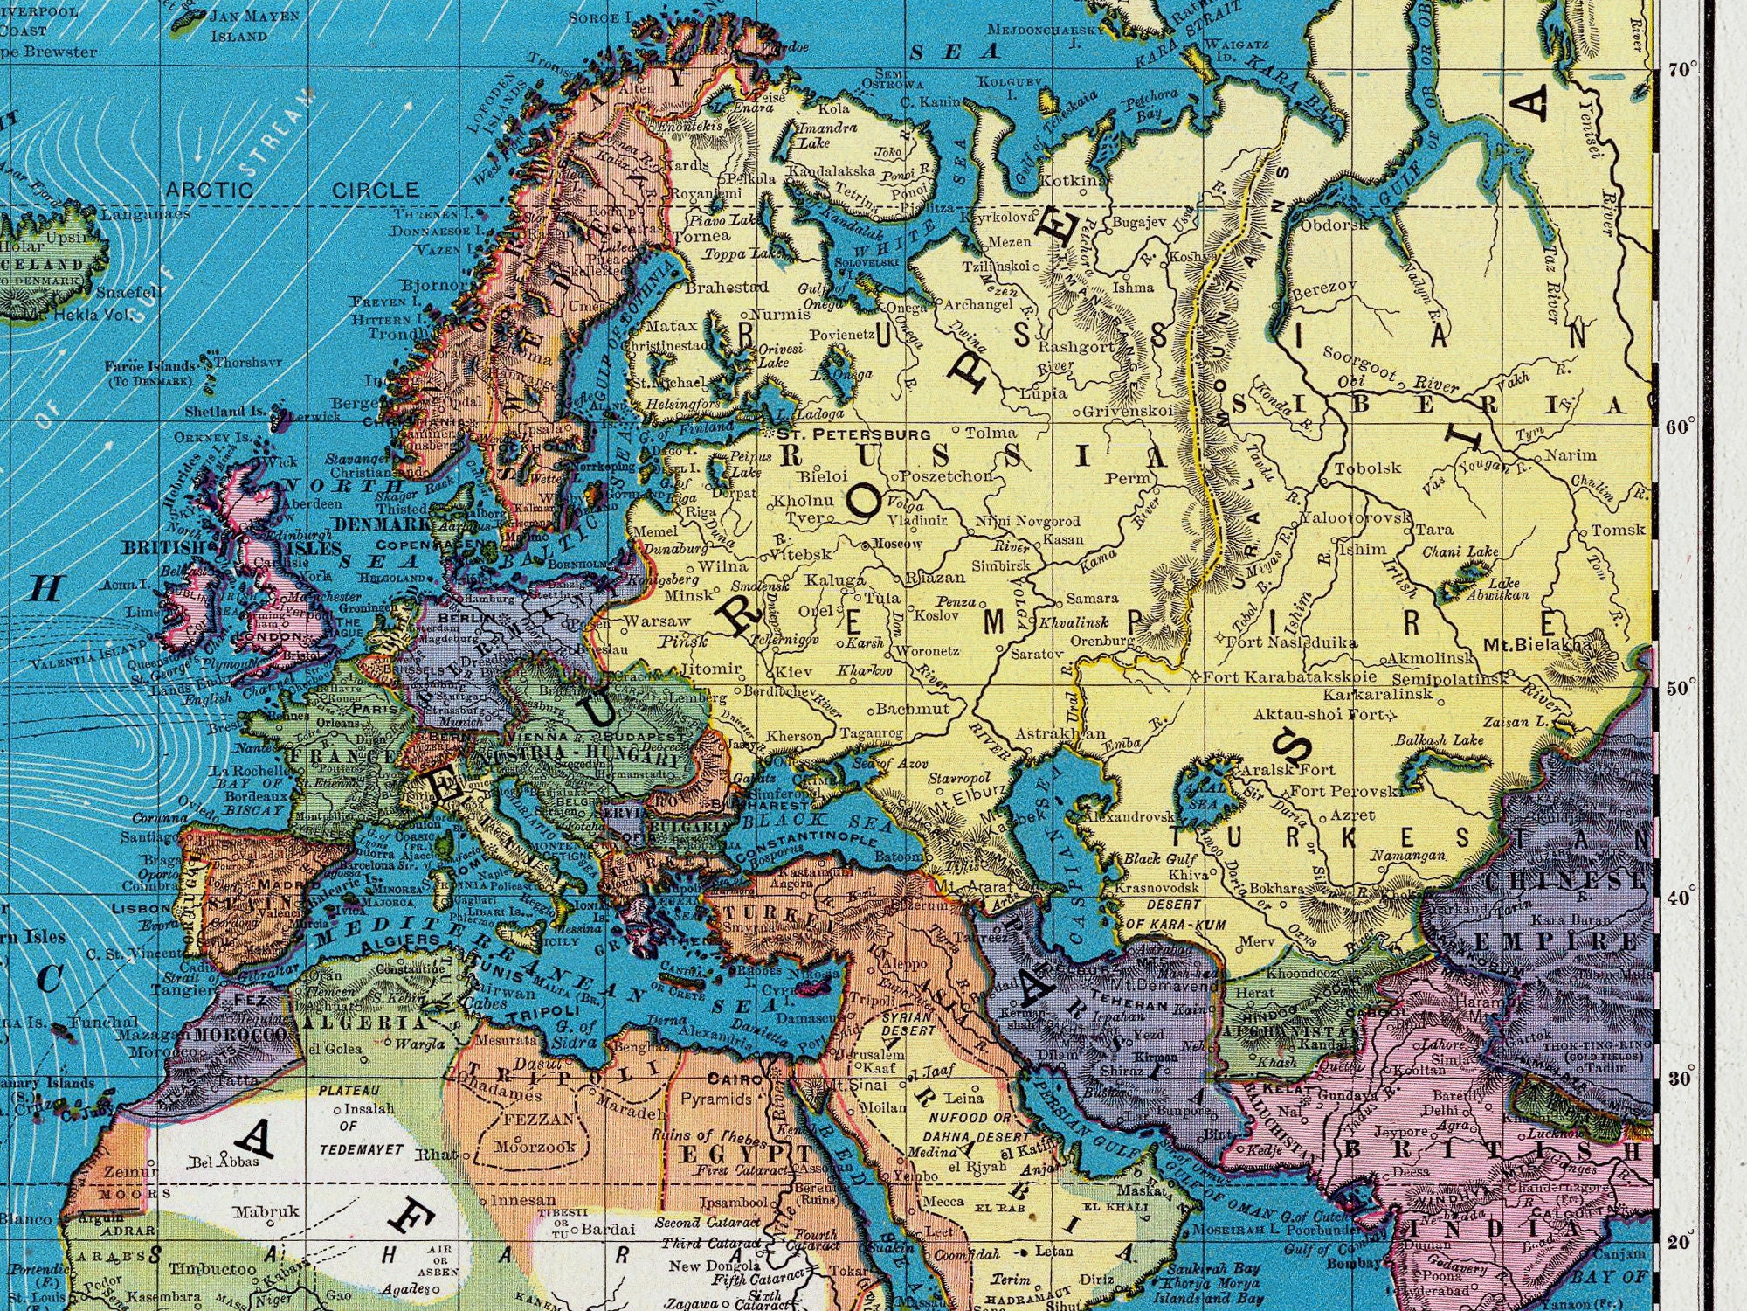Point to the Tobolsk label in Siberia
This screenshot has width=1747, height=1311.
point(1367,468)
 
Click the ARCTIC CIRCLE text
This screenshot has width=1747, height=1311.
point(293,190)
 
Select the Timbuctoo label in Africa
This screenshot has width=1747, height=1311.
point(212,1268)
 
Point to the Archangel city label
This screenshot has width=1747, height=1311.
point(977,305)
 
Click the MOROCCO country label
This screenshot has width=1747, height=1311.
point(240,1035)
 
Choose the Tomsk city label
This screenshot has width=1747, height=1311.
point(1618,530)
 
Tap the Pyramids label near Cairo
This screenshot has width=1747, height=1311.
point(715,1099)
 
